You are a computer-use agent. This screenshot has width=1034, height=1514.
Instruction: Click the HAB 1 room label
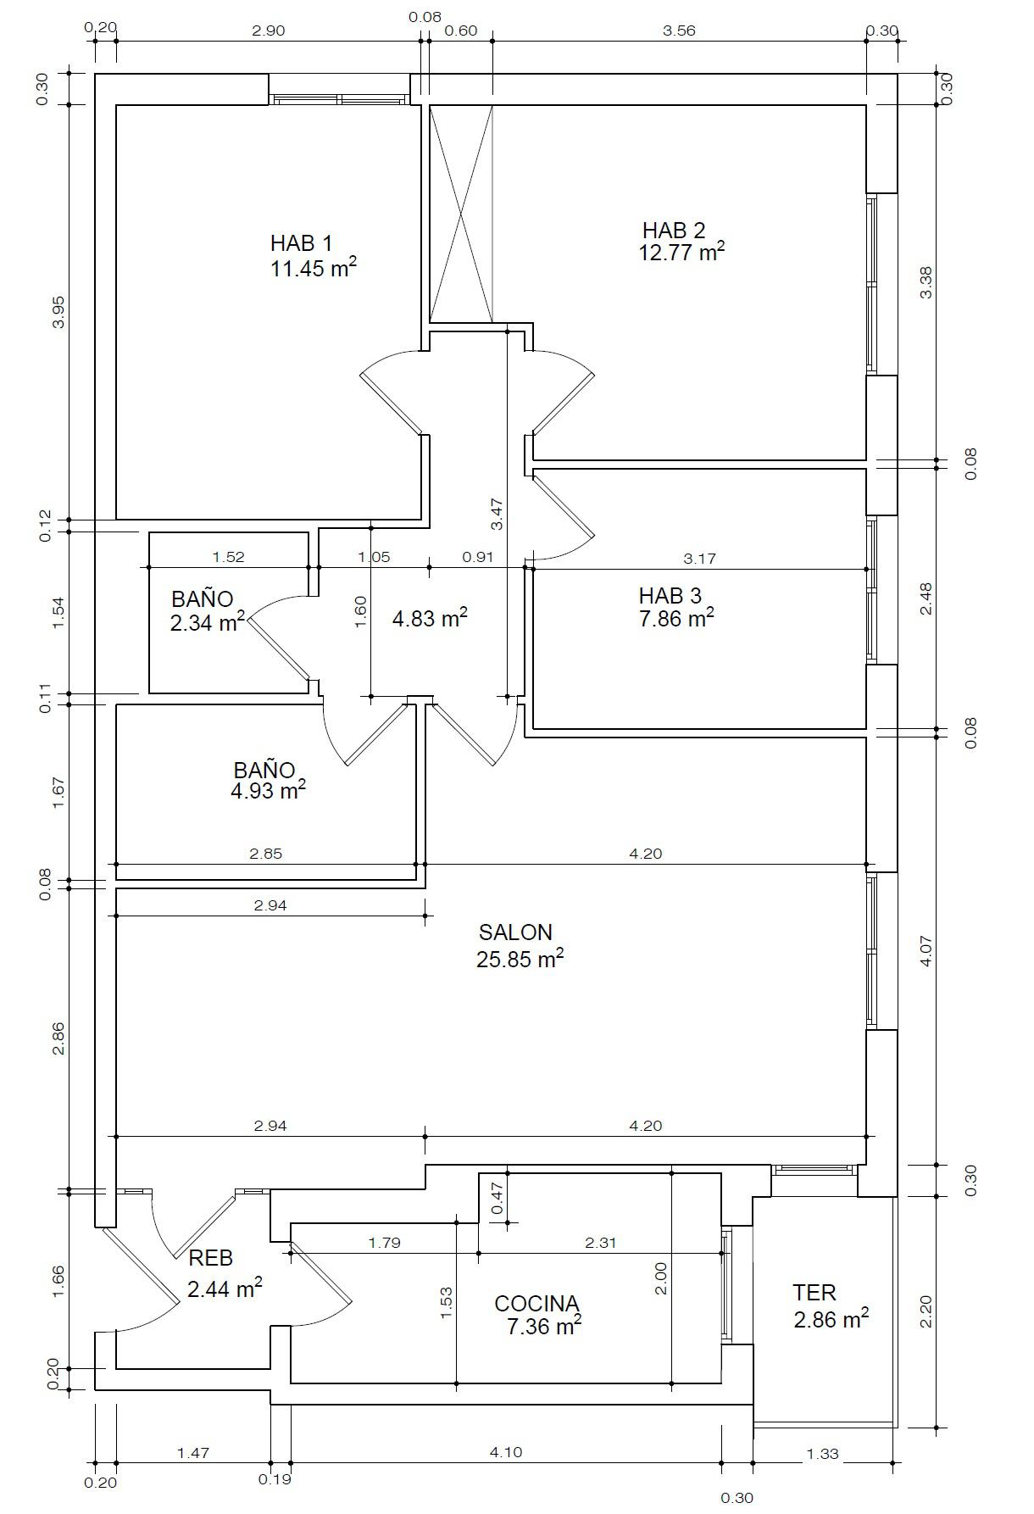pyautogui.click(x=301, y=243)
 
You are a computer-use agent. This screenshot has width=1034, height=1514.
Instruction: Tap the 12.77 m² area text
pyautogui.click(x=681, y=253)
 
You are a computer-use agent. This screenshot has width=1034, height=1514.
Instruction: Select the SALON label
pyautogui.click(x=515, y=932)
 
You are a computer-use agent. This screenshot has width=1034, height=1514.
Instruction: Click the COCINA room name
pyautogui.click(x=536, y=1303)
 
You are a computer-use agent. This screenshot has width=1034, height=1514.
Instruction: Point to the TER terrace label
pyautogui.click(x=814, y=1293)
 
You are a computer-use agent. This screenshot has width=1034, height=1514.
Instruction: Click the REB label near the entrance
pyautogui.click(x=210, y=1258)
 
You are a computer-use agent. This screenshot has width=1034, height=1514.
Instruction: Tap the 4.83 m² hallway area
pyautogui.click(x=430, y=619)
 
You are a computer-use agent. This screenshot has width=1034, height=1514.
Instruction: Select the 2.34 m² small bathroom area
pyautogui.click(x=208, y=624)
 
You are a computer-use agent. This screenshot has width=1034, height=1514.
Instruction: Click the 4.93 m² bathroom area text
pyautogui.click(x=268, y=791)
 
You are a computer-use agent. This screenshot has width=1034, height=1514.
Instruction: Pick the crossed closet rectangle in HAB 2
pyautogui.click(x=461, y=214)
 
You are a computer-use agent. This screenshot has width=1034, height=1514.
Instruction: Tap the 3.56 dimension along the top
pyautogui.click(x=679, y=31)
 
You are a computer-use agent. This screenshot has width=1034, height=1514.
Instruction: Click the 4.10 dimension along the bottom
pyautogui.click(x=505, y=1452)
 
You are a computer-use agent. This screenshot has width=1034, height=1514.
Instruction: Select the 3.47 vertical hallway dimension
pyautogui.click(x=498, y=514)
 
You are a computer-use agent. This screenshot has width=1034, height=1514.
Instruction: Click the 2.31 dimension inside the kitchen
pyautogui.click(x=600, y=1243)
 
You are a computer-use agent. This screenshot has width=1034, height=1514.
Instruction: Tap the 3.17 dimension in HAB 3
pyautogui.click(x=699, y=558)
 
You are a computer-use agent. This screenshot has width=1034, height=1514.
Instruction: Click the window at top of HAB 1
pyautogui.click(x=339, y=99)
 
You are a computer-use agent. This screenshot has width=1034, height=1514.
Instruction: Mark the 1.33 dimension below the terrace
pyautogui.click(x=822, y=1454)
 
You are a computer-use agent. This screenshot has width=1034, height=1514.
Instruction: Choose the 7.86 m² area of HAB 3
pyautogui.click(x=676, y=619)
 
